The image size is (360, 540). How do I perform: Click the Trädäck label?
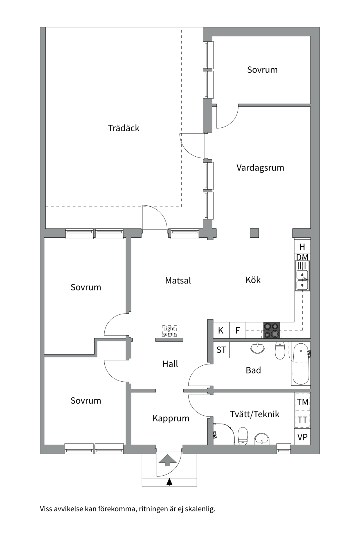123,128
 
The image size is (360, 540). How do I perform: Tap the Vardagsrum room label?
260,168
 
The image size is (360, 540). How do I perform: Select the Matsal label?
178,281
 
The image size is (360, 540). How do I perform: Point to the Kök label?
253,280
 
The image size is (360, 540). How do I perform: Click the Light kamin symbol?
169,331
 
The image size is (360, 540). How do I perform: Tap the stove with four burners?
272,330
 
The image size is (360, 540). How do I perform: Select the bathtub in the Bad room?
301,364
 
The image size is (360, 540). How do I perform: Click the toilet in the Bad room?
280,350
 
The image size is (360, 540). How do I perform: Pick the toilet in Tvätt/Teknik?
243,436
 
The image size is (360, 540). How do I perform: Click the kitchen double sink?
302,280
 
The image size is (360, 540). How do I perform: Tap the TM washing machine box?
302,402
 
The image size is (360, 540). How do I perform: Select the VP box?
302,437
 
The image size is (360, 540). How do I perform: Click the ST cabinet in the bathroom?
221,350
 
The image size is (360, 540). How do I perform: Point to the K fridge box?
221,330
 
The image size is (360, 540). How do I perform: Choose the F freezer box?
238,330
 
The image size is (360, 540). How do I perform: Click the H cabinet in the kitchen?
302,247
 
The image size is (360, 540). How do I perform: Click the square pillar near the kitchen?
255,233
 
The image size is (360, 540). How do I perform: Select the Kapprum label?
171,418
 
